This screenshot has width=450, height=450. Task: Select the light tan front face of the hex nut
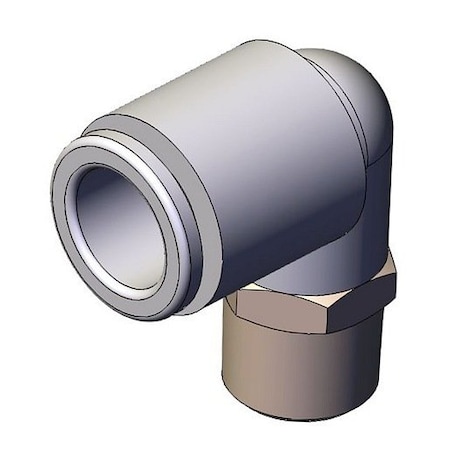pos(300,310)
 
